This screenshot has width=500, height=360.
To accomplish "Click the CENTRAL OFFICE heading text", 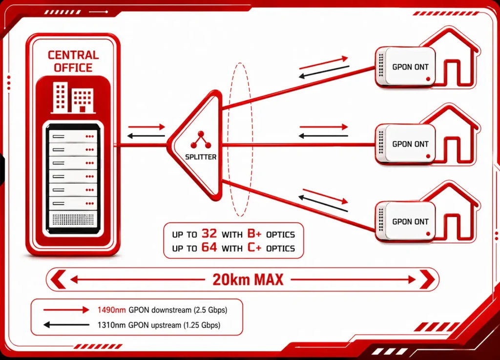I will click(73, 61).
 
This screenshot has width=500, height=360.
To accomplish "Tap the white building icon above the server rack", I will click(73, 97).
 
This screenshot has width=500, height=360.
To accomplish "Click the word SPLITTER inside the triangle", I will click(201, 157).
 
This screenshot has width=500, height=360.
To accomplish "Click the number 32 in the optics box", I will click(209, 234).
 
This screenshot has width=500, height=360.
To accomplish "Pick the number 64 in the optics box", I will click(209, 248).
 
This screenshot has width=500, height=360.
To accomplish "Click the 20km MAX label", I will click(248, 279).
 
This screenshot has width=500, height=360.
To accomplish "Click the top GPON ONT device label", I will click(410, 67).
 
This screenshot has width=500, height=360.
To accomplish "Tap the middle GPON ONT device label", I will click(410, 144).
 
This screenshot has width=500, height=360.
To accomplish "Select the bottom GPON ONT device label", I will click(410, 221).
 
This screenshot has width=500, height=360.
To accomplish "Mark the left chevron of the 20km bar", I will click(58, 279).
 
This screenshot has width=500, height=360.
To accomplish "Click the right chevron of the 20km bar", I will click(427, 279).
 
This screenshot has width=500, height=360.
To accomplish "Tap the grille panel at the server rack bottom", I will click(73, 219).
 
